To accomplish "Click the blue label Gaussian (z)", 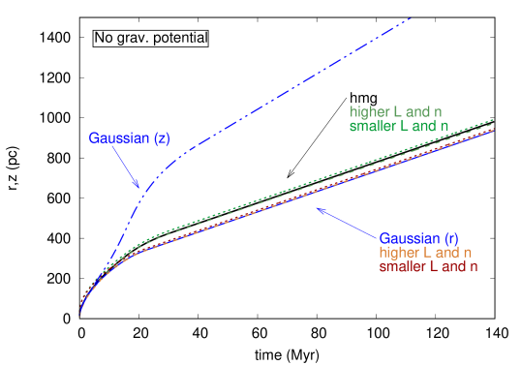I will [129, 137].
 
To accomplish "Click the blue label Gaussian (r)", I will [418, 238].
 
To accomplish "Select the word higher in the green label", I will [369, 112].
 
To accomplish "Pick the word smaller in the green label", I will [372, 126].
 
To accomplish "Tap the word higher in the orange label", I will [399, 252].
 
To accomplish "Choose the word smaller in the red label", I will [402, 265].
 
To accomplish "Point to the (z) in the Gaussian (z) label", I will [161, 137].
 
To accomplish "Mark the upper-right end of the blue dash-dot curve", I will [412, 17].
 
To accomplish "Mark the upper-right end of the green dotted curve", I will [494, 119].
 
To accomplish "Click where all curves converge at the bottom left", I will [79, 314].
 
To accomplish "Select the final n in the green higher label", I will [443, 112].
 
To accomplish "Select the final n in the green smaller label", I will [444, 126].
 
